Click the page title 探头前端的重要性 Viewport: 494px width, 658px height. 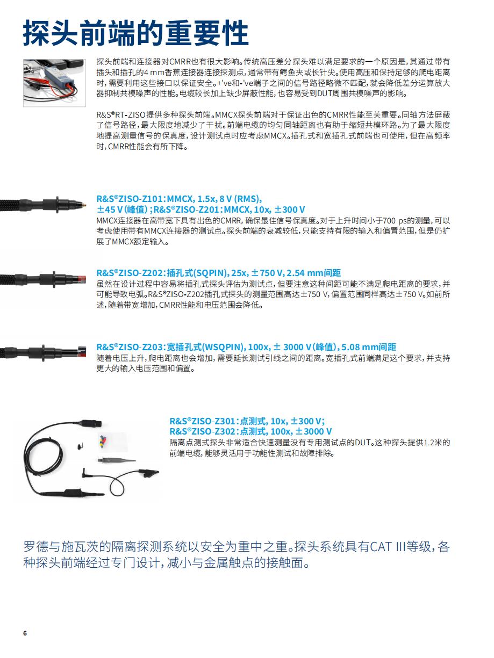pyautogui.click(x=135, y=33)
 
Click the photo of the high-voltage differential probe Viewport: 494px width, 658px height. pyautogui.click(x=54, y=82)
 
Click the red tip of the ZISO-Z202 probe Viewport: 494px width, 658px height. pyautogui.click(x=82, y=280)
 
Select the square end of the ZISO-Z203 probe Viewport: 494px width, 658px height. pyautogui.click(x=82, y=351)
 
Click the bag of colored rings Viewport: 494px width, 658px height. pyautogui.click(x=104, y=442)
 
